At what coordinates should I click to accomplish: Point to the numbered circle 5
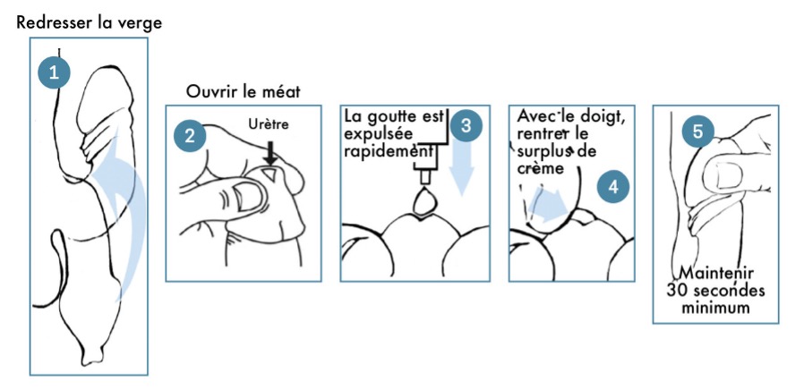click(698, 130)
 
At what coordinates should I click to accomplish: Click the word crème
click(540, 167)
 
